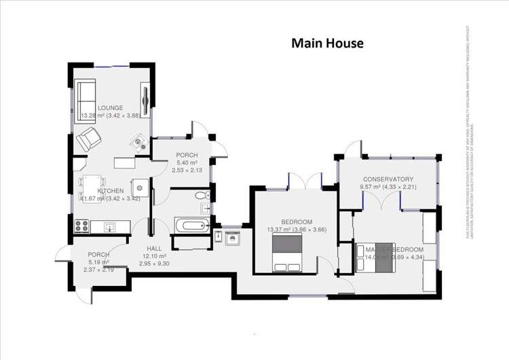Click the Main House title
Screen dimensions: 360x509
point(328,43)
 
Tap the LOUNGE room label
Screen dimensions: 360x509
point(109,108)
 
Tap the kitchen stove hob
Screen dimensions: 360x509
point(81,225)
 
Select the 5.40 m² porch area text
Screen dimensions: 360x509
point(186,163)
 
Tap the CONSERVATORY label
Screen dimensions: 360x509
point(388,179)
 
